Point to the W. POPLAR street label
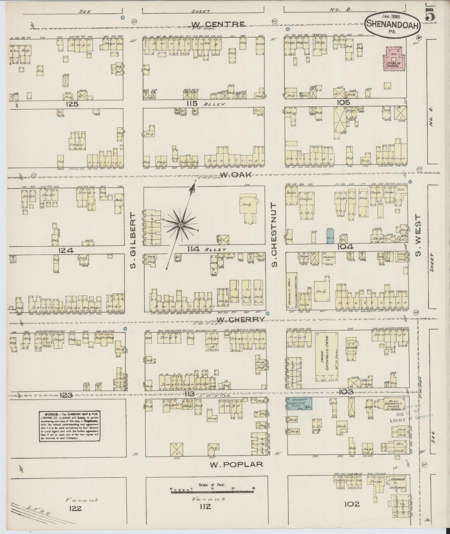[x=236, y=465]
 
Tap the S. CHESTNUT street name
[x=274, y=234]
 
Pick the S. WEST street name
[x=418, y=235]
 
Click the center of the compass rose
[x=181, y=225]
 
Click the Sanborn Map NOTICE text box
[x=70, y=426]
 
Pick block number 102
[x=352, y=503]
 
